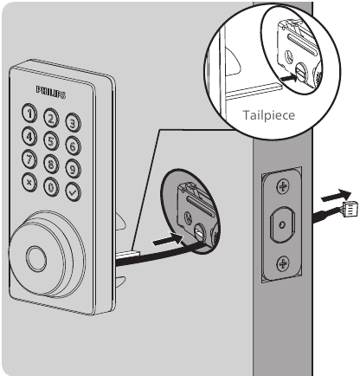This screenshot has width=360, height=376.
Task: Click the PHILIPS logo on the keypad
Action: click(51, 92)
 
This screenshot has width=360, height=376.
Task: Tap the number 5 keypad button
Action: click(51, 141)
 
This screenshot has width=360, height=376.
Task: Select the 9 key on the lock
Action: click(73, 168)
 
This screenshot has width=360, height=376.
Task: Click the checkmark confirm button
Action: click(73, 191)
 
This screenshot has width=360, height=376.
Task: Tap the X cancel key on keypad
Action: click(29, 183)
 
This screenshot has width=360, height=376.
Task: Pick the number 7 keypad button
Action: click(29, 159)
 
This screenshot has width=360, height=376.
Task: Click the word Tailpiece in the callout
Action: click(269, 115)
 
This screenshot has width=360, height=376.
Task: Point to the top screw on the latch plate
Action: click(283, 186)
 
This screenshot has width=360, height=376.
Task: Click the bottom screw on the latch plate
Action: click(283, 263)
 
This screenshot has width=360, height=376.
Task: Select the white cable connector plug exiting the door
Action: click(350, 210)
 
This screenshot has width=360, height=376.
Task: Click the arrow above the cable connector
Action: click(337, 196)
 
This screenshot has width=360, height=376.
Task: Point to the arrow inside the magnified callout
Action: click(287, 78)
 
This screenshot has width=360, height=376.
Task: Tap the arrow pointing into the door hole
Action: click(168, 240)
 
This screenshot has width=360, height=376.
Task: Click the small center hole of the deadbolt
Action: click(283, 224)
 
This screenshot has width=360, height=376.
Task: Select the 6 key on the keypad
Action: click(73, 145)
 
